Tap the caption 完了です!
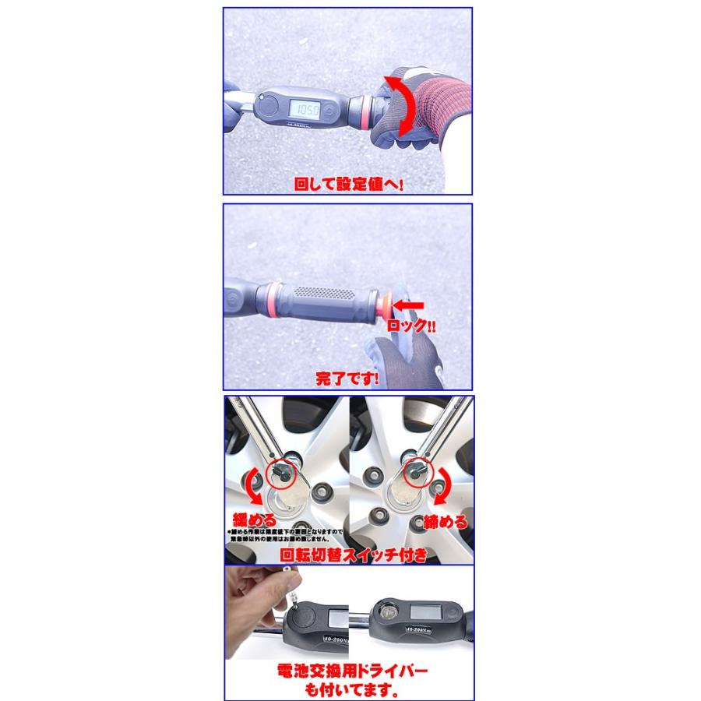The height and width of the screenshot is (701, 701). point(347,380)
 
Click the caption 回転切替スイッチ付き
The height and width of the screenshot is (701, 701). point(353,555)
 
